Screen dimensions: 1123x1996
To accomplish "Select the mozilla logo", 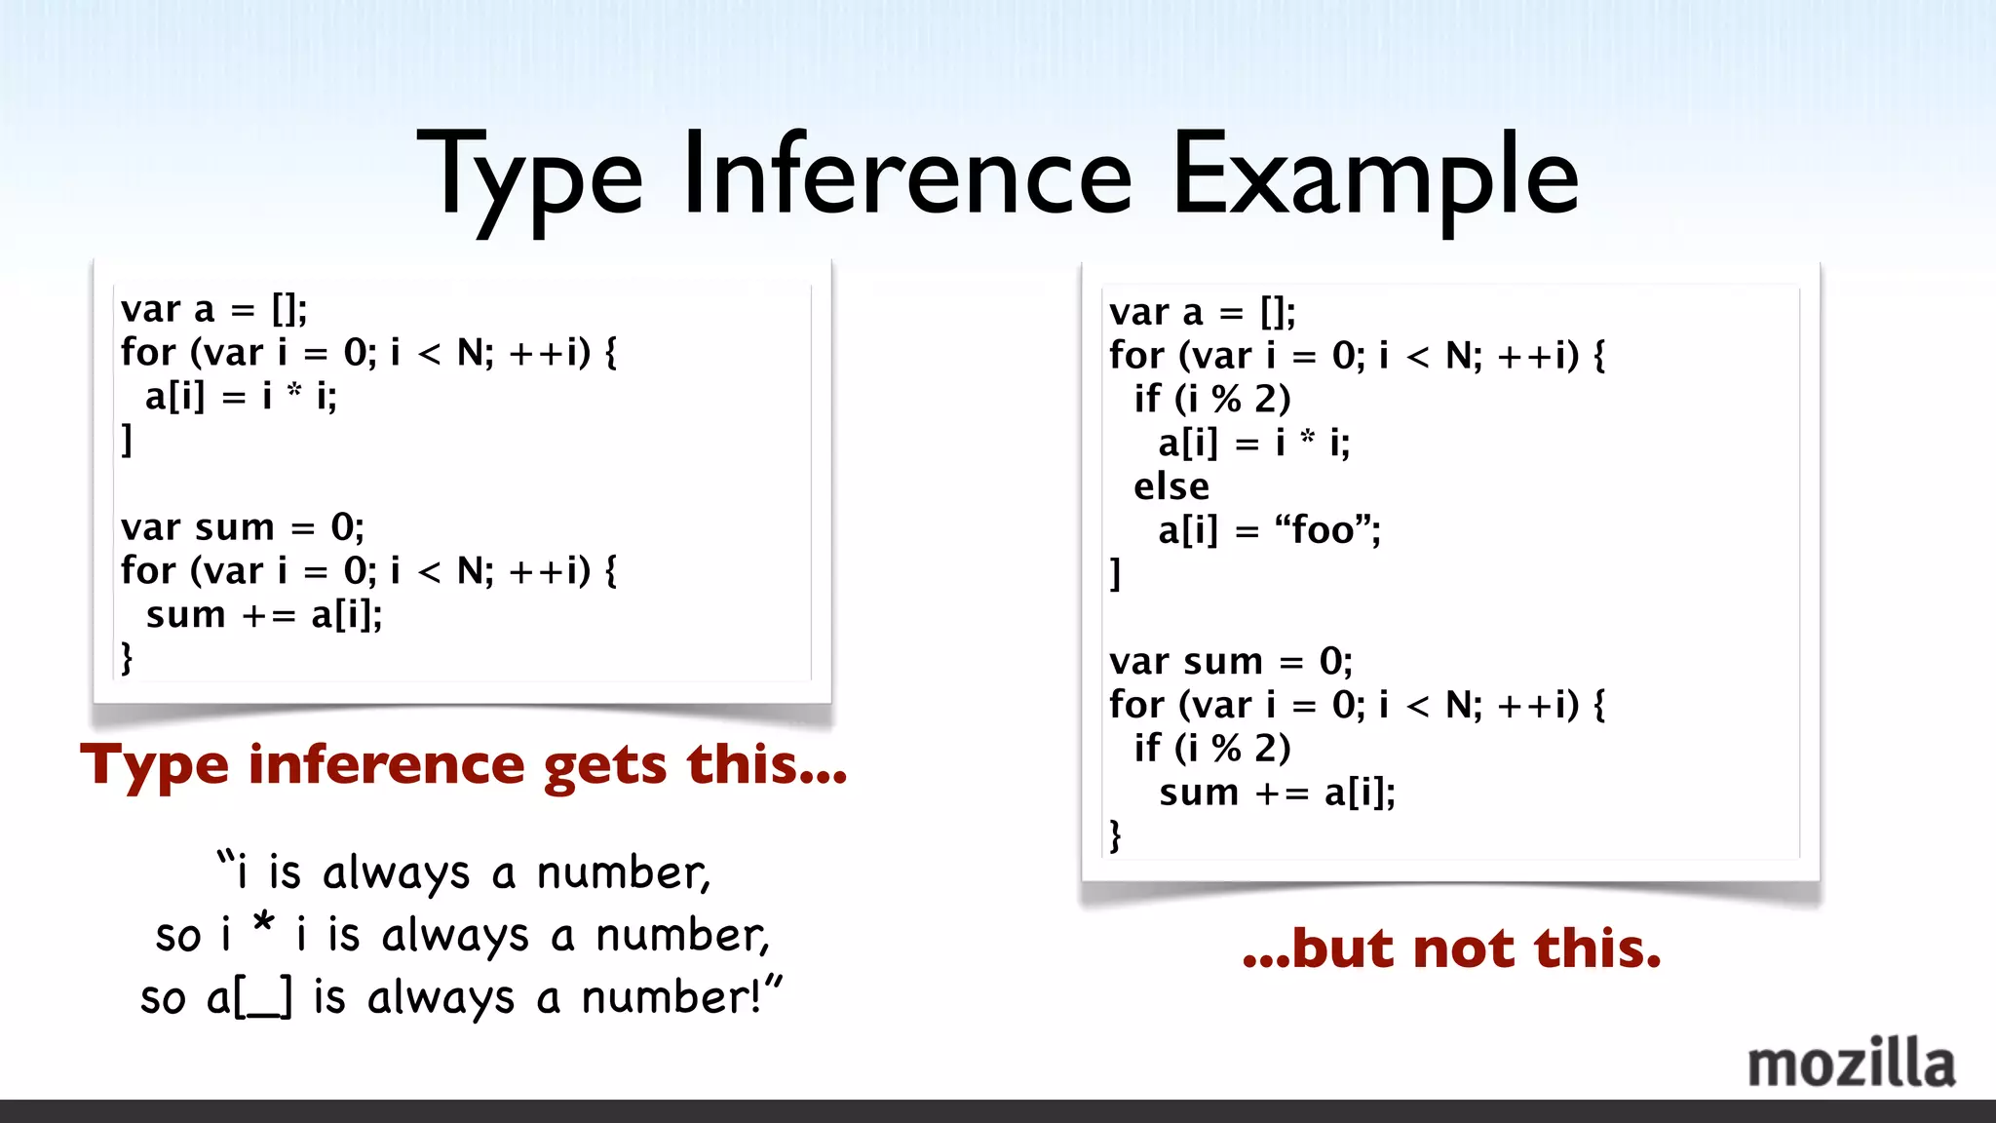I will coord(1851,1064).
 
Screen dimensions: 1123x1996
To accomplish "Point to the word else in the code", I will coord(1171,486).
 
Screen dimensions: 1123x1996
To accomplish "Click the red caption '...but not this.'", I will coord(1451,949).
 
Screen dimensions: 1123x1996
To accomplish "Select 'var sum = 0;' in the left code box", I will coord(242,527).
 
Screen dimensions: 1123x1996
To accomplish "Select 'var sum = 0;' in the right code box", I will coord(1230,662).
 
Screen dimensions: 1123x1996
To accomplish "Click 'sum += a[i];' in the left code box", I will coord(263,615).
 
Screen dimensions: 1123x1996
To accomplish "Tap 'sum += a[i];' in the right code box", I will coord(1277,793).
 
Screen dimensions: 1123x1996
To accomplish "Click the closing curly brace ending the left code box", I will coord(127,658).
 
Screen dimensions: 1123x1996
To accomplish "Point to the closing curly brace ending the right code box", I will coord(1115,835).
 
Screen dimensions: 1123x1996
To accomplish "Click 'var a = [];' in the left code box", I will coord(213,310).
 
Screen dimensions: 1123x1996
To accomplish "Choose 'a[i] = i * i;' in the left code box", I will coord(241,397).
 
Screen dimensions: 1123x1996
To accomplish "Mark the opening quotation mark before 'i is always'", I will coord(226,859).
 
